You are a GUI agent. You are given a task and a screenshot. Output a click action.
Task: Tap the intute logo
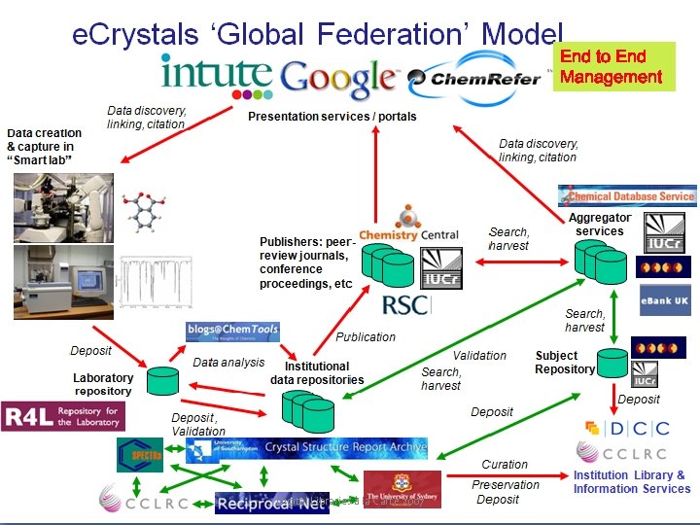click(x=217, y=75)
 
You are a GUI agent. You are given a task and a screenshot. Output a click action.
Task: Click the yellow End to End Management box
click(x=613, y=66)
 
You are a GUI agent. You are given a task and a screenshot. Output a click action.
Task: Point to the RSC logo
click(x=404, y=303)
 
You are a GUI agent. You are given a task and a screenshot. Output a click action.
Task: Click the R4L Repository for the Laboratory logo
click(x=63, y=416)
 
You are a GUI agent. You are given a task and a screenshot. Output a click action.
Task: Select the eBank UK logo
click(x=665, y=300)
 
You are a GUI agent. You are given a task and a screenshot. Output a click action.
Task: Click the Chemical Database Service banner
click(x=627, y=195)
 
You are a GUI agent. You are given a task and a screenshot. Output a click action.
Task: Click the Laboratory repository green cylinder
click(x=162, y=380)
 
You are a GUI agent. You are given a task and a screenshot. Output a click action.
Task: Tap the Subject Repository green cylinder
click(x=612, y=364)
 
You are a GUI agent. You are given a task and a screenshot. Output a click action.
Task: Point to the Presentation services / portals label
click(x=332, y=117)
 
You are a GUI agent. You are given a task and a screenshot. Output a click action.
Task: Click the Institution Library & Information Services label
click(x=629, y=482)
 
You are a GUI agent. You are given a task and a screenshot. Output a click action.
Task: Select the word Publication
click(x=366, y=337)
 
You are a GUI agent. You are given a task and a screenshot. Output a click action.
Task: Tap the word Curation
click(x=505, y=465)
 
